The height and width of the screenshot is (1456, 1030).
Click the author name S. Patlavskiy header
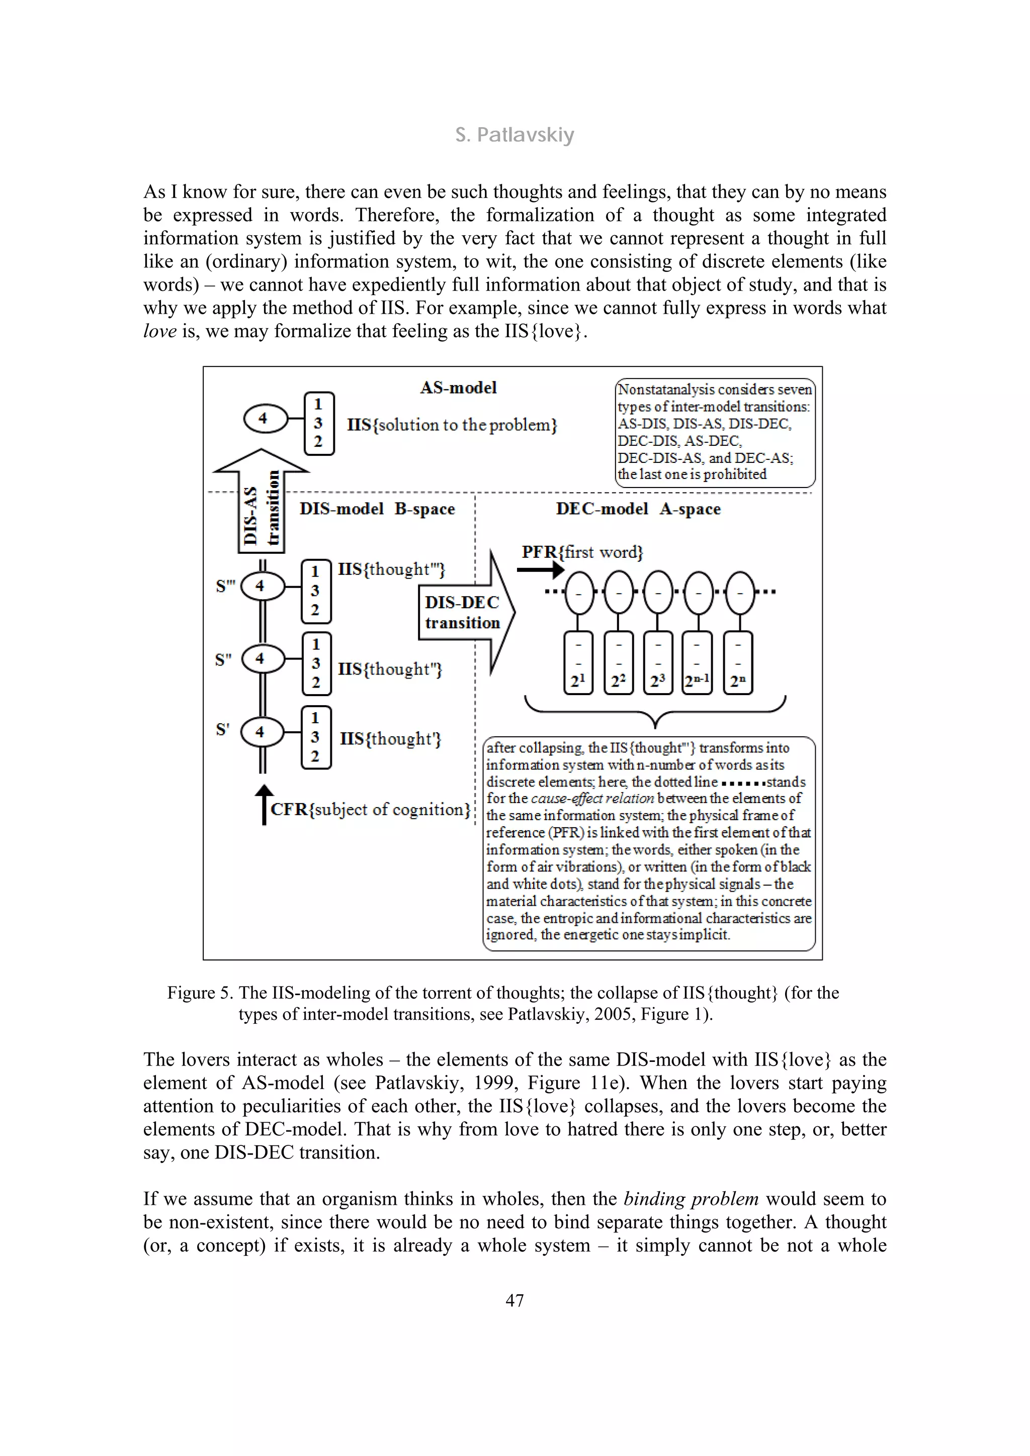click(x=514, y=135)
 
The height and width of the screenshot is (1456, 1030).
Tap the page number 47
click(x=514, y=1301)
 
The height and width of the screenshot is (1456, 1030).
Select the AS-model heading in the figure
click(x=458, y=387)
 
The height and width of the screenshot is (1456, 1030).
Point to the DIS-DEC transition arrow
click(x=466, y=613)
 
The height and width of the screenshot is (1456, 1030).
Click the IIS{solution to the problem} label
click(x=452, y=425)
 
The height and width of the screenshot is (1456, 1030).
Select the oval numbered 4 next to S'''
click(x=260, y=586)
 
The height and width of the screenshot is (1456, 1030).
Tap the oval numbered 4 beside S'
click(x=260, y=732)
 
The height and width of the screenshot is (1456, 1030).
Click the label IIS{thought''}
click(x=390, y=669)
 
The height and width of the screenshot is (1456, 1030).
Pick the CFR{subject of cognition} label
click(x=371, y=809)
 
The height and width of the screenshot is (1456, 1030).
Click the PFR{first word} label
click(x=582, y=552)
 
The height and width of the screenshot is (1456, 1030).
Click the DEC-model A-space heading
click(x=638, y=509)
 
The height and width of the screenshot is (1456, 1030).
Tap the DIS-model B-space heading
click(x=377, y=509)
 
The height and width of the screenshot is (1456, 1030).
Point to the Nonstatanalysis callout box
click(x=715, y=433)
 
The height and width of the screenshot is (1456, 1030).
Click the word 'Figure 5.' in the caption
click(x=200, y=993)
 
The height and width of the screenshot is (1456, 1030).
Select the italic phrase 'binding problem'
click(x=691, y=1199)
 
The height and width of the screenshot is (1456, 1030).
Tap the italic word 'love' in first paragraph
click(x=159, y=331)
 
